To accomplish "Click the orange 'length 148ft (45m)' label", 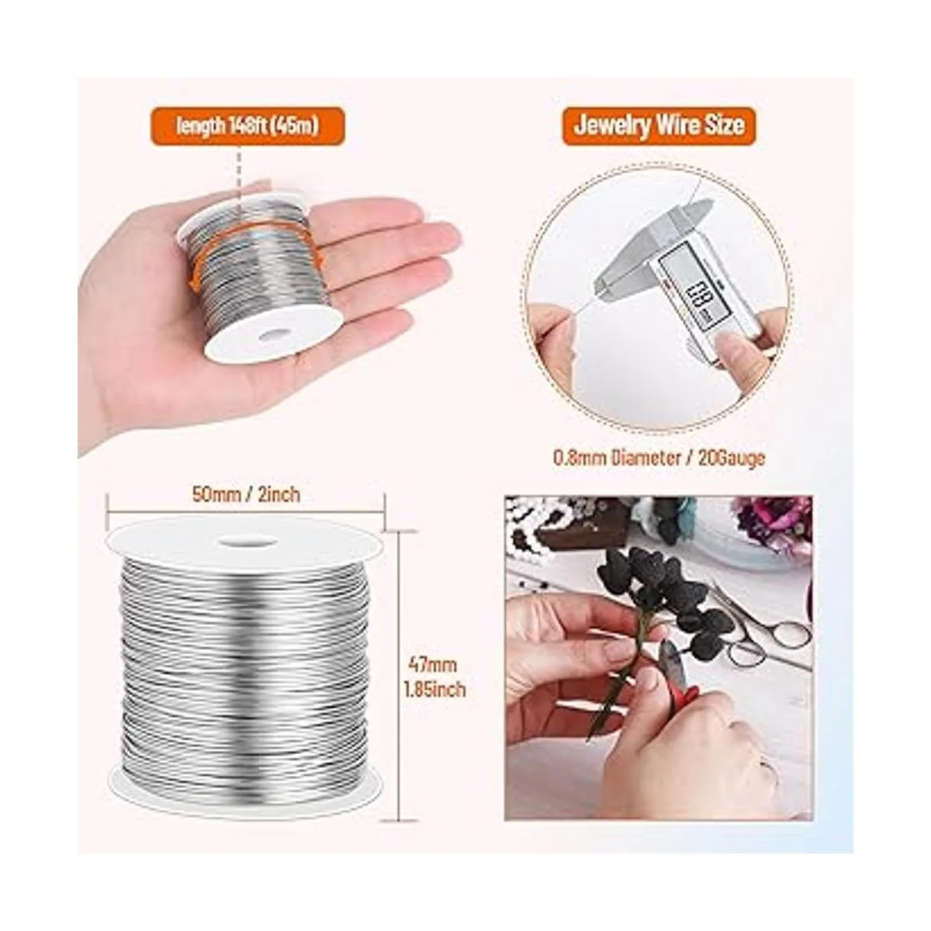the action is point(248,126).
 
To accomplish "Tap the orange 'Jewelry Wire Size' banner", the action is point(658,126).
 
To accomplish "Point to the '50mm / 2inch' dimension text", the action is point(246,494).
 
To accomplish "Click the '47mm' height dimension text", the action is point(432,665).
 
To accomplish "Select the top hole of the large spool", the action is point(245,542).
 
